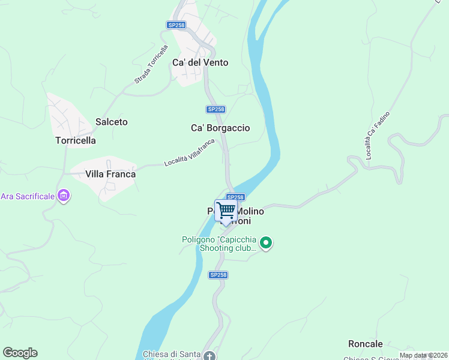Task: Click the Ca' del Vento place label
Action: pos(200,62)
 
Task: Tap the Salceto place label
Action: pos(112,122)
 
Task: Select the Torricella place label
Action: pos(76,140)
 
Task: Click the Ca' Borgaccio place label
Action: pos(220,128)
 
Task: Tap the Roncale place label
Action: pos(365,344)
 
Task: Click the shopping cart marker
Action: pos(226,211)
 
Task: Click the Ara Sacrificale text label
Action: pos(28,196)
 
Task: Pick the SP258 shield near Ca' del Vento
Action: pos(176,25)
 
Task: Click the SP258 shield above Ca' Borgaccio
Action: pos(215,109)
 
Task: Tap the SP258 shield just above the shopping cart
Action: pos(235,197)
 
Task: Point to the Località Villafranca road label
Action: pos(189,152)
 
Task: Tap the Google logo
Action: pos(20,353)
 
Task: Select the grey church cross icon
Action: pos(209,356)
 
